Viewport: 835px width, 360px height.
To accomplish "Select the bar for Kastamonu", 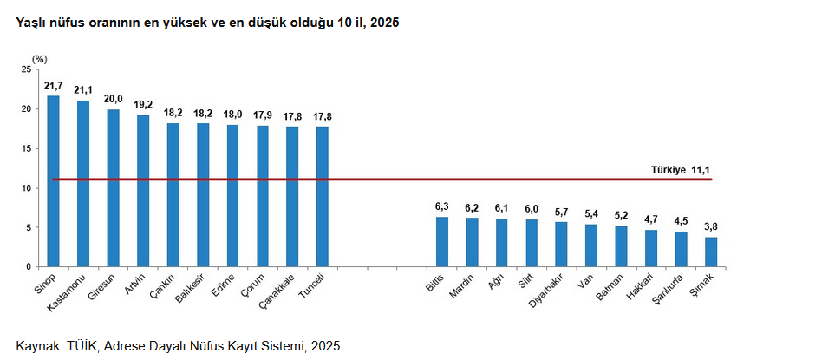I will click(x=83, y=183).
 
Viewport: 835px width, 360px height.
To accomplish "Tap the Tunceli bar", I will click(x=323, y=196).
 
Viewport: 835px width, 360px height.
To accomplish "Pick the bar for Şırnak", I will click(x=711, y=252).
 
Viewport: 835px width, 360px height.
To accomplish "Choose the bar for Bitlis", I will click(x=442, y=241).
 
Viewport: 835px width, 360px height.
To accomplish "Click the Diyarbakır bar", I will click(x=562, y=244).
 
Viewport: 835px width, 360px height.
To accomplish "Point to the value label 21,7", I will click(x=53, y=85).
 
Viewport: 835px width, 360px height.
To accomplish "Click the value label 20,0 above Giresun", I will click(x=113, y=99).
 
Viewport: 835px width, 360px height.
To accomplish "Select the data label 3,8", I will click(x=711, y=227).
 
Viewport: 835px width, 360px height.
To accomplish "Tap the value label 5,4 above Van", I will click(x=591, y=213).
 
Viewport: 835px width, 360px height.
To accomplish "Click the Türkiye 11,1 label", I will click(x=681, y=169).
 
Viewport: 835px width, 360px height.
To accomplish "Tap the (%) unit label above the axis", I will click(x=40, y=58).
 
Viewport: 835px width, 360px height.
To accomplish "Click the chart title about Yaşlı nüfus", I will click(x=208, y=23).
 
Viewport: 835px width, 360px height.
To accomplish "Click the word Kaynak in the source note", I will click(x=36, y=345).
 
